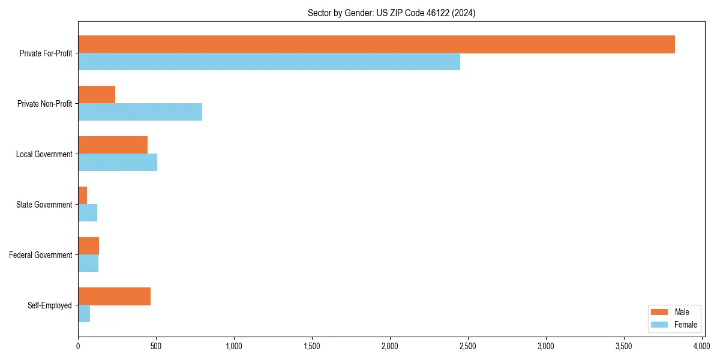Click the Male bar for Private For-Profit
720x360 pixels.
[376, 44]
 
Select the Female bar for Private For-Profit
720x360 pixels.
[269, 62]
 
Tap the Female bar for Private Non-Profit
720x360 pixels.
[140, 112]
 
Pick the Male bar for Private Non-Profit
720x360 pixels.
[97, 95]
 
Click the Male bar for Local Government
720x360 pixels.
[113, 145]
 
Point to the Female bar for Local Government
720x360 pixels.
[118, 163]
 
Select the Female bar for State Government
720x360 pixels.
[88, 213]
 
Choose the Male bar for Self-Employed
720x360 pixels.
[114, 296]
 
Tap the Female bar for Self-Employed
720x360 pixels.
[84, 314]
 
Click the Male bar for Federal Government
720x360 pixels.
[88, 246]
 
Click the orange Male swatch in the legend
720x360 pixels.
[659, 312]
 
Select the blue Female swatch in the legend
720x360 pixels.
[659, 325]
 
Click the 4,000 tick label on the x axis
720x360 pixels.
[701, 346]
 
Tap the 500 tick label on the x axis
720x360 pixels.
[156, 346]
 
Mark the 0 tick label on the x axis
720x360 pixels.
[78, 346]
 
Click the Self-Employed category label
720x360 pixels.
[50, 305]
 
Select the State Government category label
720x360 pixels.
[44, 205]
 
